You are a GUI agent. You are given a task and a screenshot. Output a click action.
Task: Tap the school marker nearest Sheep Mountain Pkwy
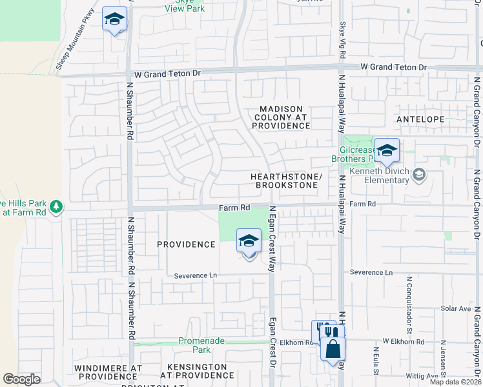[114, 19]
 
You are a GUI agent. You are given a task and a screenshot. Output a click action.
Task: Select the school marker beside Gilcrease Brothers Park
[387, 151]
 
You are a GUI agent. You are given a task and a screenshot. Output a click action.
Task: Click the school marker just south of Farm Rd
[249, 242]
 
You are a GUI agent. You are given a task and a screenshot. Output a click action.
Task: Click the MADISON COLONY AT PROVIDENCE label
[281, 117]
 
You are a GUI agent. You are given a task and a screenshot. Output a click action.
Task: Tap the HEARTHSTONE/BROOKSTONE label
[286, 181]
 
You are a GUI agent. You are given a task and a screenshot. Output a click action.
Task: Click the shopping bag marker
[333, 350]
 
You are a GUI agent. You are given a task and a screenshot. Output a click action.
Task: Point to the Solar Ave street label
[455, 309]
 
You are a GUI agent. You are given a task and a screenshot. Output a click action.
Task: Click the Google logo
[21, 379]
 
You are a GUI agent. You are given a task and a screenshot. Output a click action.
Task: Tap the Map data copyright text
[454, 382]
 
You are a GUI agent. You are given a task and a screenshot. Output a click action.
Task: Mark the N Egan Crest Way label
[272, 239]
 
